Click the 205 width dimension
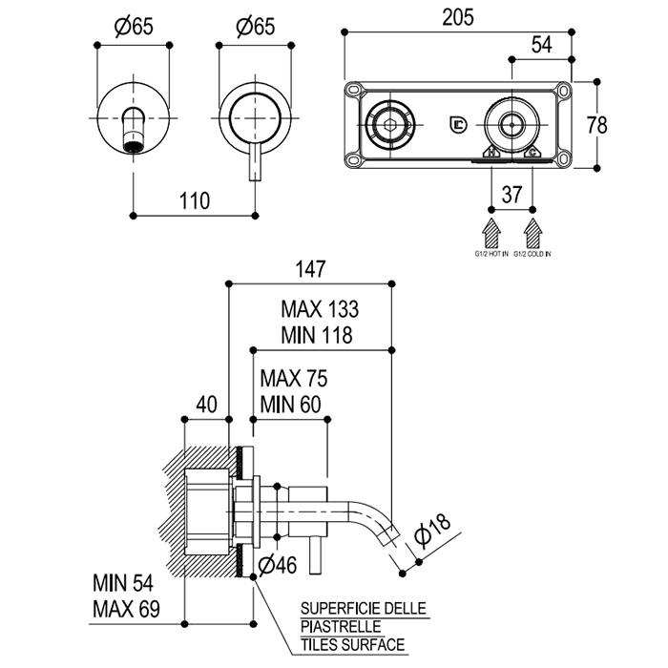coord(457,16)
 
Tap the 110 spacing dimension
coord(194,201)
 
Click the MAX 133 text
coord(319,310)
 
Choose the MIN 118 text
coord(318,335)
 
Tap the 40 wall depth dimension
coord(206,403)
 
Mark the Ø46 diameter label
coord(278,564)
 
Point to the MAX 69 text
coord(125,609)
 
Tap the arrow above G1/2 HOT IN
coord(492,233)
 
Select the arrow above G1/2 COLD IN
coord(533,233)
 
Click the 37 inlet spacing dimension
coord(512,195)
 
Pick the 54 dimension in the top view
coord(542,45)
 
